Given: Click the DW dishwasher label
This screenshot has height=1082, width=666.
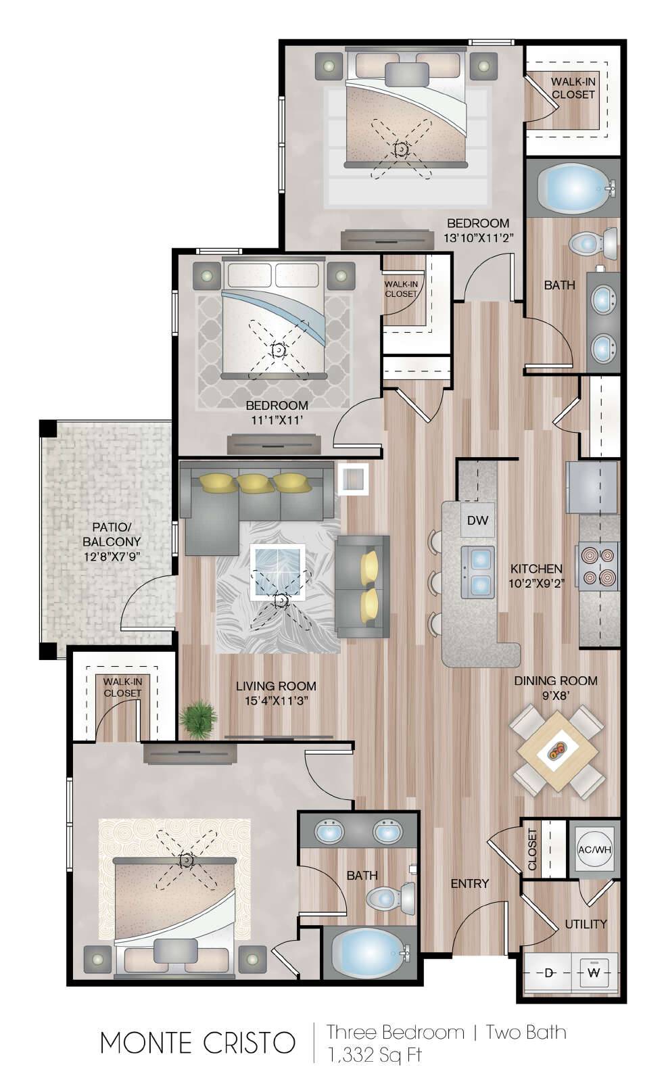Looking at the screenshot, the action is [x=477, y=520].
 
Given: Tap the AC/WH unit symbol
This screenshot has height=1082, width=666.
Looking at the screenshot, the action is [x=594, y=849].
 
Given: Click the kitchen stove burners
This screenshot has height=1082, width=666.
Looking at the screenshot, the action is [x=597, y=565].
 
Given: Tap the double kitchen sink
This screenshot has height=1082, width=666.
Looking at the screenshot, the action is [x=477, y=572].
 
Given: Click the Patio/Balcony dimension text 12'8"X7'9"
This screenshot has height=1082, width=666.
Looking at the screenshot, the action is [x=112, y=557].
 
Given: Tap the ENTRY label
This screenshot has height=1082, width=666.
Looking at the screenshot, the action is [x=469, y=883].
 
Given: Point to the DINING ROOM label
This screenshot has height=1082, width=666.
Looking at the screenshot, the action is [x=555, y=680].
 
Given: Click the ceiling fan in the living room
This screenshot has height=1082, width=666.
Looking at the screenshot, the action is [x=279, y=601].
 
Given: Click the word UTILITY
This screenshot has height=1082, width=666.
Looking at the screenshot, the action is [x=586, y=924].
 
